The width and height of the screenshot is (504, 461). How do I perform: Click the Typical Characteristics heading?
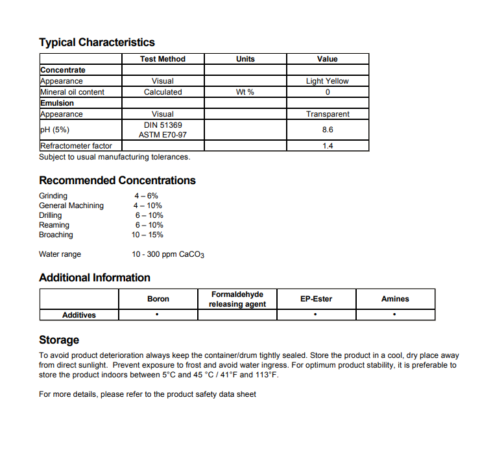point(97,43)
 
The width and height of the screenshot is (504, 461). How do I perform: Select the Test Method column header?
point(162,59)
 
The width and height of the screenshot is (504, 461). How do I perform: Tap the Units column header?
point(245,59)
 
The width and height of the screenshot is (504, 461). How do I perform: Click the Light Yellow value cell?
point(327,81)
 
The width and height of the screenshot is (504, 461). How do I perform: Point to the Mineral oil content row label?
point(72,92)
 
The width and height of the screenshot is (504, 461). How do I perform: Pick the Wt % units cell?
point(245,92)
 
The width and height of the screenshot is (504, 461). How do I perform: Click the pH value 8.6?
point(327,130)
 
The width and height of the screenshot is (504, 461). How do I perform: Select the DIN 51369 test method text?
point(162,124)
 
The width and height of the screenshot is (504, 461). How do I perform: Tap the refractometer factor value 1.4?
point(327,147)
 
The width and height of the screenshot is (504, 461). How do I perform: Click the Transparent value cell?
point(327,114)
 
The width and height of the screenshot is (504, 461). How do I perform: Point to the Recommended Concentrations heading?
point(117,180)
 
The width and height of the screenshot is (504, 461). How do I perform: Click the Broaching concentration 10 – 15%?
point(147,235)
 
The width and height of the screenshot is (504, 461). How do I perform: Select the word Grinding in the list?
point(53,196)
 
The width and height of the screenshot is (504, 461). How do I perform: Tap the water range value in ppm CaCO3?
point(168,254)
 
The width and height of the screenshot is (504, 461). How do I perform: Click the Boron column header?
point(158,299)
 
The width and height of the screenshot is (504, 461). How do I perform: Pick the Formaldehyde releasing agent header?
point(237,299)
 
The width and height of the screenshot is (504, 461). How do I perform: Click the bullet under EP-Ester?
point(315,315)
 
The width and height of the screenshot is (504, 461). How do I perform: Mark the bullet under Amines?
point(395,315)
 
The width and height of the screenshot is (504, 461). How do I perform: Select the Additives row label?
point(79,315)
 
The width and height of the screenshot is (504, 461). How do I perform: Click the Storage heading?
point(59,340)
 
